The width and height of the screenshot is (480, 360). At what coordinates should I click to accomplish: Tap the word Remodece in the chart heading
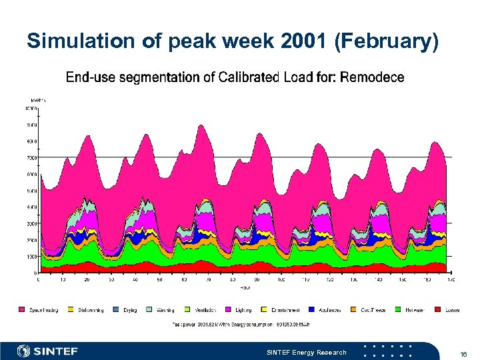click(x=372, y=77)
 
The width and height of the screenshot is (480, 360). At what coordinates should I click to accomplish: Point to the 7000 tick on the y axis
click(x=31, y=158)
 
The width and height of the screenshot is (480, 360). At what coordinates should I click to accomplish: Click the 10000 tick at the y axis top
click(x=31, y=108)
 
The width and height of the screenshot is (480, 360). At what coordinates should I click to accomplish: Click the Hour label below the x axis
click(x=245, y=288)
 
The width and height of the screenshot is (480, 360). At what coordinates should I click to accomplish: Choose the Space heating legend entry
click(x=44, y=310)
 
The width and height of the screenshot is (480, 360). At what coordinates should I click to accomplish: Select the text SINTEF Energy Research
click(x=306, y=352)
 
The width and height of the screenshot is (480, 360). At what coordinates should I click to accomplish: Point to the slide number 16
click(x=463, y=352)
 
